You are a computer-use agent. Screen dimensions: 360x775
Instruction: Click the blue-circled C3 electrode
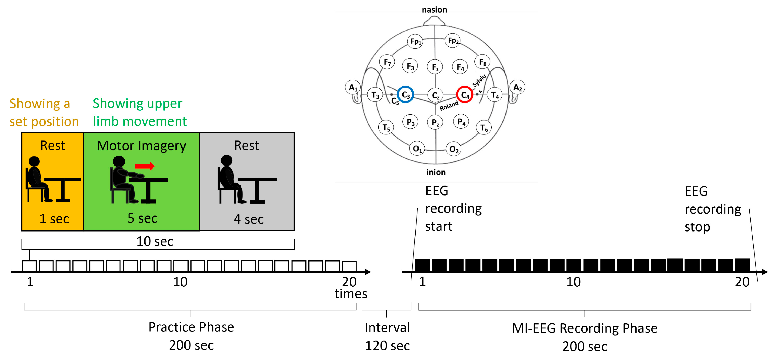tap(405, 95)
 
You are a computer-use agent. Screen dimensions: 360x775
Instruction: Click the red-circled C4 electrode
tap(465, 95)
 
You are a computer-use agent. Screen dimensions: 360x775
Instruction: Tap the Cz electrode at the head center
tap(435, 95)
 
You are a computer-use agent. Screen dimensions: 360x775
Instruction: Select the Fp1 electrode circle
tap(415, 41)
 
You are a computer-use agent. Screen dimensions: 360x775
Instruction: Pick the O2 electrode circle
tap(453, 149)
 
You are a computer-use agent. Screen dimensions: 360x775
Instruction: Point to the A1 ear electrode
tap(353, 87)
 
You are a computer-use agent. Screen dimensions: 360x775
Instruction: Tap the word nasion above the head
tap(434, 10)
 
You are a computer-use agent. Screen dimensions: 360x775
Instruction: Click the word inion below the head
tap(436, 172)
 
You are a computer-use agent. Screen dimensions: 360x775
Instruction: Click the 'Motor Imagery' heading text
tap(141, 146)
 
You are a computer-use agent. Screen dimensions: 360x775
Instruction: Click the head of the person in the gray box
tap(226, 160)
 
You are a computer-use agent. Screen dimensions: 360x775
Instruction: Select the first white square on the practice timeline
tap(29, 266)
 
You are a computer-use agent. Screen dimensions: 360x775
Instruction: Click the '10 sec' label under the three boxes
tap(155, 241)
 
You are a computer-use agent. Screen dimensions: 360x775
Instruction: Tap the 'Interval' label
tap(387, 328)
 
